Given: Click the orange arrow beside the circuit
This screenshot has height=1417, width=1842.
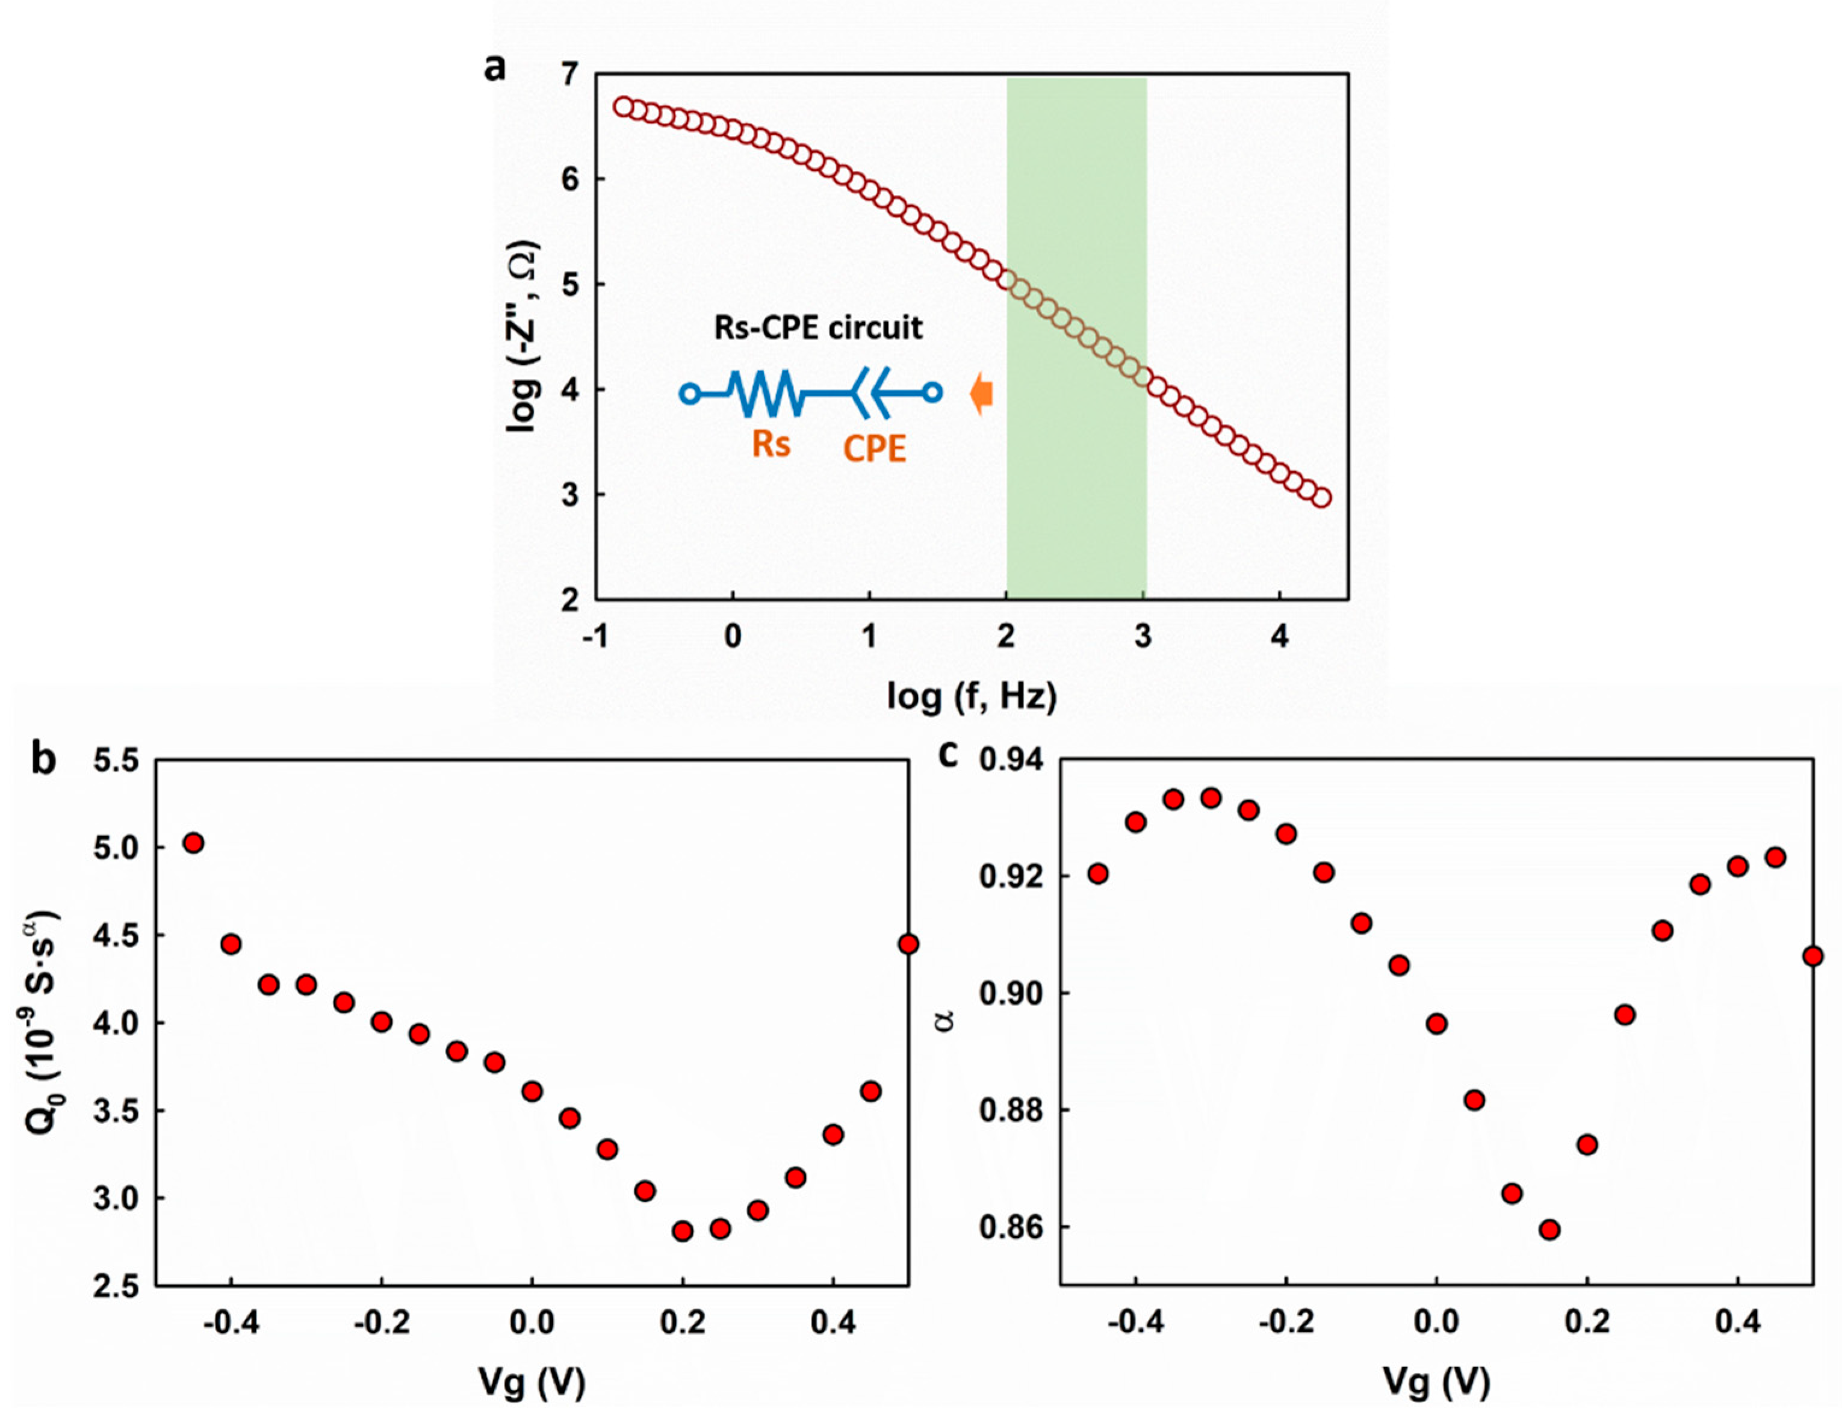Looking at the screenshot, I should point(981,394).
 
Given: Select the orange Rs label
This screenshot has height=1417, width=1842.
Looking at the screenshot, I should point(772,443).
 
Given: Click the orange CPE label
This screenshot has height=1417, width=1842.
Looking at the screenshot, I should point(875,448).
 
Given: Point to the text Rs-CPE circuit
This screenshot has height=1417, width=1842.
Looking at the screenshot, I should point(818,327).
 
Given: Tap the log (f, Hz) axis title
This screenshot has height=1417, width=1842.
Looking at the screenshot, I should point(972,696).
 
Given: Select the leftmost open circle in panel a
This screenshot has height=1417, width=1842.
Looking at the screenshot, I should point(623,107).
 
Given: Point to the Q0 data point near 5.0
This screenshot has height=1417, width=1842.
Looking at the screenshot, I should point(194,843).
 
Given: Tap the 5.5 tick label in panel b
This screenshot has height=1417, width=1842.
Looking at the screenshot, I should point(116,761).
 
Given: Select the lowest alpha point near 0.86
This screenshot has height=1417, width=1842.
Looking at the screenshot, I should point(1549,1229).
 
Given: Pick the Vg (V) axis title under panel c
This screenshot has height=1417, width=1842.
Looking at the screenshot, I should point(1436,1381).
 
